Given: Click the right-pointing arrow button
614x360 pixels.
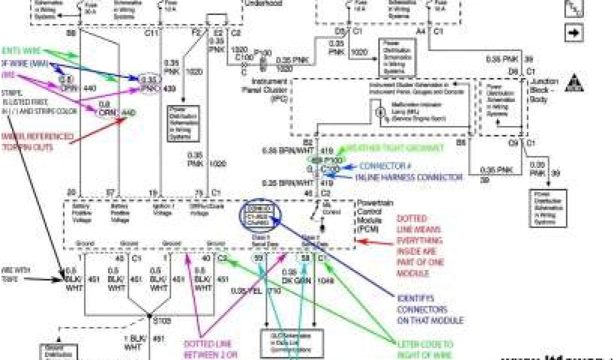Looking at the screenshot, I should coord(574,32).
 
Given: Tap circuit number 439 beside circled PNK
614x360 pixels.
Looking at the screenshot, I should coord(170,90).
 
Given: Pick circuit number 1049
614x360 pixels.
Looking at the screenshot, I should coord(326,280).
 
